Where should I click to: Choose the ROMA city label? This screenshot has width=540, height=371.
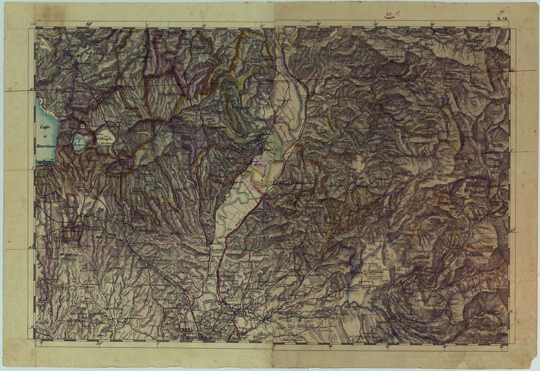click(187, 330)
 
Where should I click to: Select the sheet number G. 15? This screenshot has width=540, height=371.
click(503, 19)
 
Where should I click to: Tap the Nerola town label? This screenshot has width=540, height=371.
click(409, 87)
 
